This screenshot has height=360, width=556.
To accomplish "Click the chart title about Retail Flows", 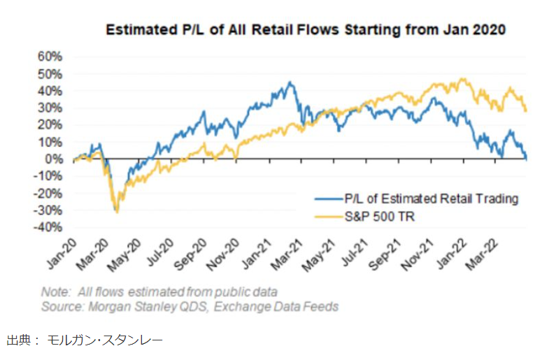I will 305,31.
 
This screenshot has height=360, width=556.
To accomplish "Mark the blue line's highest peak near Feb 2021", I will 290,83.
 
